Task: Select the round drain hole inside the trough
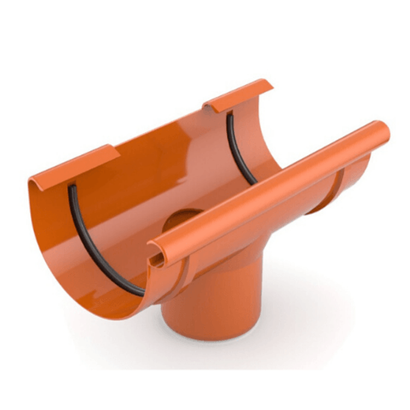pos(183,219)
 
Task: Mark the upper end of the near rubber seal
pos(70,187)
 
